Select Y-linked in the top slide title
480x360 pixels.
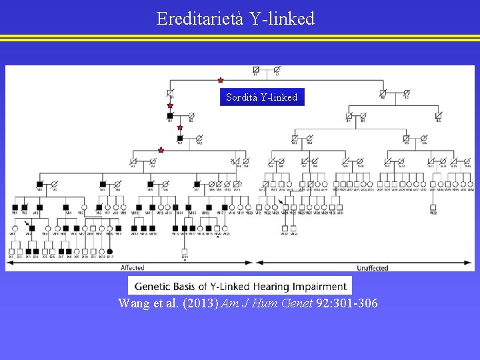tap(282, 19)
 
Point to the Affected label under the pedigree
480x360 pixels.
tap(132, 268)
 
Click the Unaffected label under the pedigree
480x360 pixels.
tap(373, 268)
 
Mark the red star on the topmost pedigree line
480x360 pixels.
tap(221, 81)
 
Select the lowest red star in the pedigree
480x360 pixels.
tap(161, 151)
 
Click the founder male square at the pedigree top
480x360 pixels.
tap(256, 69)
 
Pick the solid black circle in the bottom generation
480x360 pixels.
tap(110, 251)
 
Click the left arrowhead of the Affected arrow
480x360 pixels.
tap(9, 262)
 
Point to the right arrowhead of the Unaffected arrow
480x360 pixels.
tap(472, 262)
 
